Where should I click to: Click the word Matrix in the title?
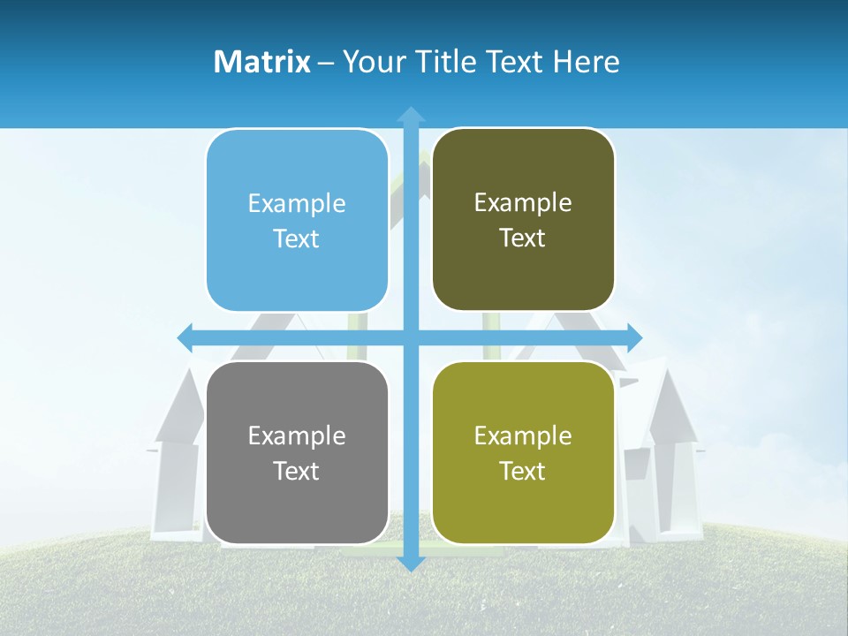point(262,62)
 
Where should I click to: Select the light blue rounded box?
point(297,221)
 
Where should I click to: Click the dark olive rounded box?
point(523,220)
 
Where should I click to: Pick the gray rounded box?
point(297,452)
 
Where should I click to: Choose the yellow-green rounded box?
point(523,452)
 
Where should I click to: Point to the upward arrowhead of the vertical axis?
point(410,114)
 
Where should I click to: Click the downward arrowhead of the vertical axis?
point(410,563)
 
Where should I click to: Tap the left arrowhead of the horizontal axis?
point(185,337)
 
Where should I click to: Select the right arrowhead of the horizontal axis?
point(634,337)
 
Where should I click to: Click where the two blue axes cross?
point(410,337)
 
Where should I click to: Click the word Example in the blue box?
point(297,204)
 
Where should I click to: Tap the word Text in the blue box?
point(297,239)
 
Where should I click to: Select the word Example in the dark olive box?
point(523,203)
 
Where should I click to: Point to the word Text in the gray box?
point(297,471)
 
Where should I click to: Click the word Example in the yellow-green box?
point(523,435)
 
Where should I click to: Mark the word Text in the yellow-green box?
point(523,471)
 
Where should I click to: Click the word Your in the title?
point(369,62)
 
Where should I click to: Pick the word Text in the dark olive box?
point(523,238)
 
